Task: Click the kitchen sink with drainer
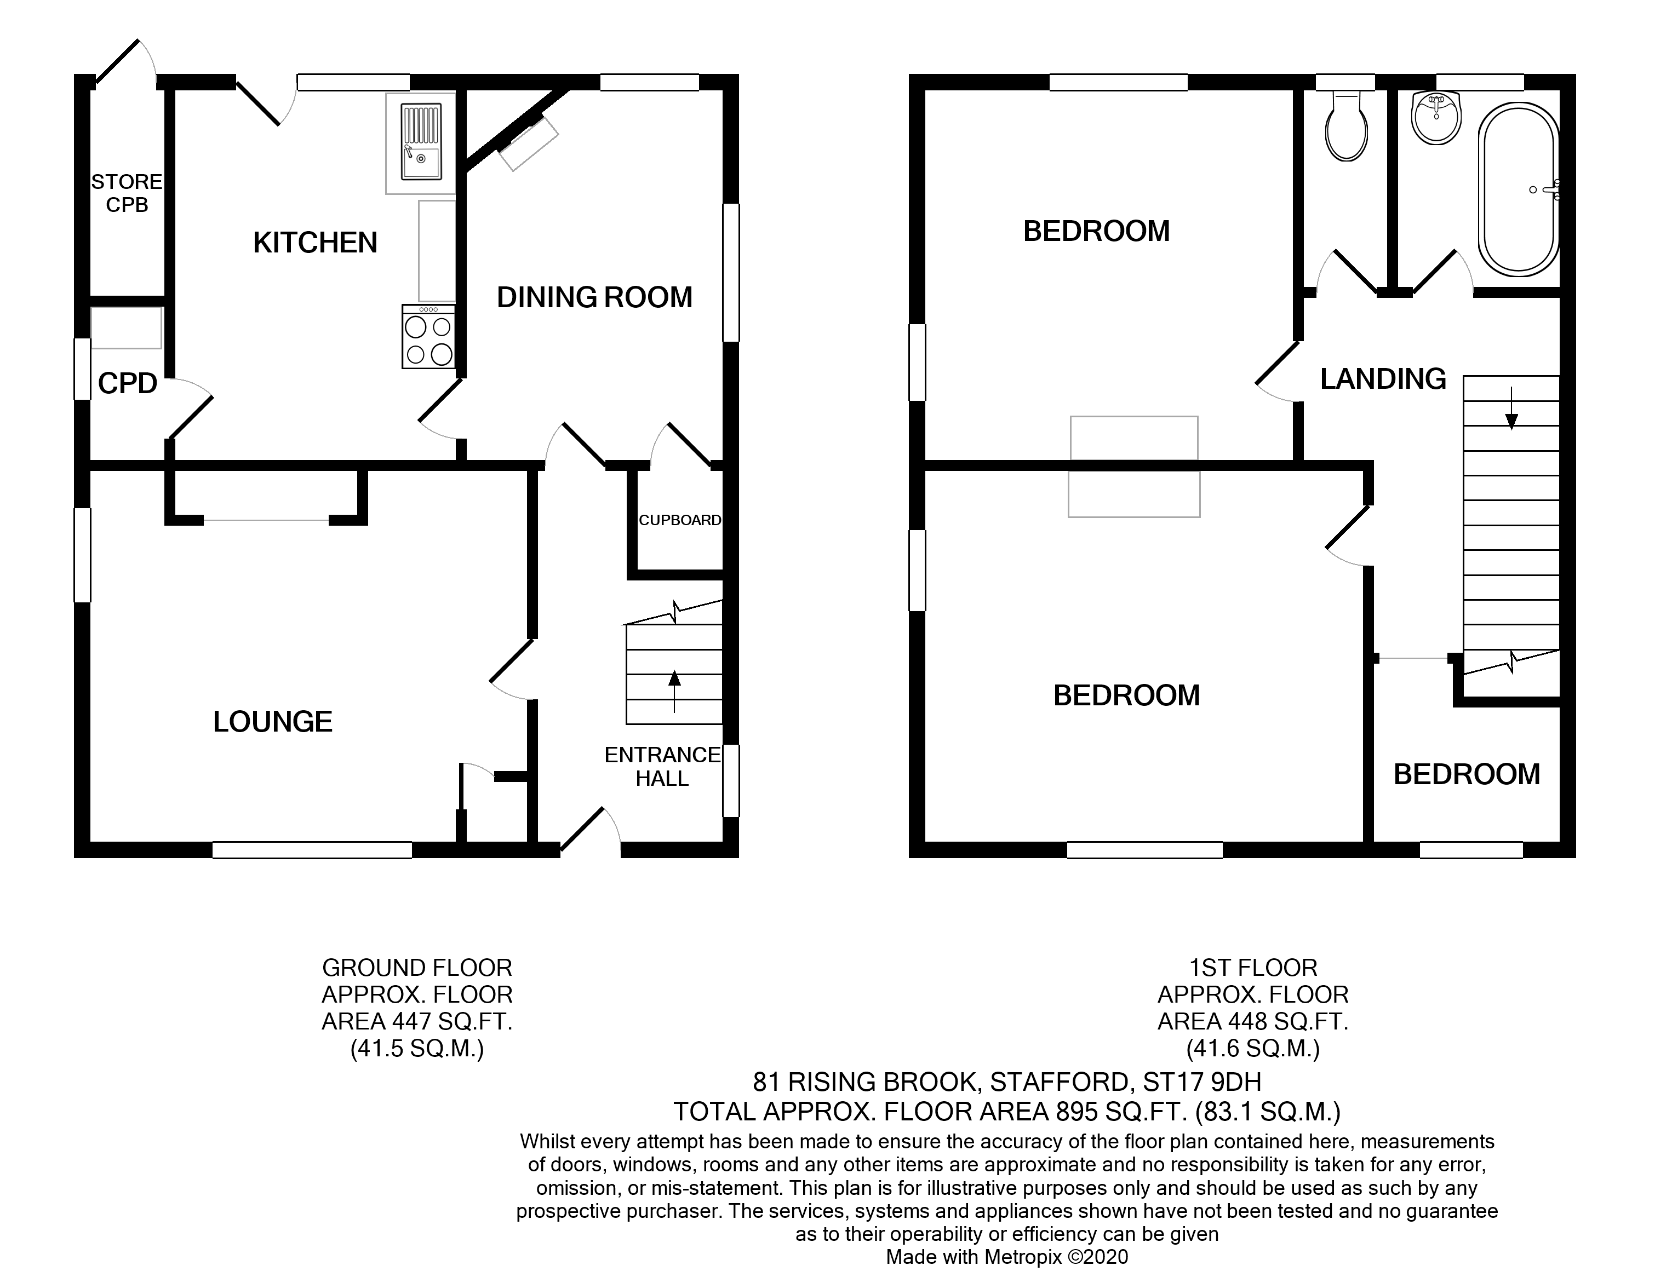421,142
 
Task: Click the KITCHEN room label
315,243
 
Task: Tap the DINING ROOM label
594,297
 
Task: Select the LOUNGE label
272,721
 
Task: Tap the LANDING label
1382,378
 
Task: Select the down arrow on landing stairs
1511,411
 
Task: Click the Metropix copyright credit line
1007,1257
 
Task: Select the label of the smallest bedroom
1466,774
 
